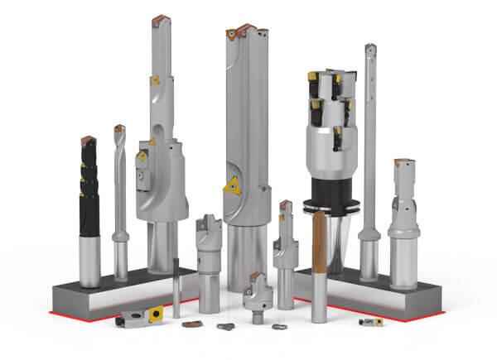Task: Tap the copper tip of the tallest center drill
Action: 236,32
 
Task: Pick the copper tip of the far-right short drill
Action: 403,161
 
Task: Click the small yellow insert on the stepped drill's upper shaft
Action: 154,81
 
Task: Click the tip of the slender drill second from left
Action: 119,129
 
